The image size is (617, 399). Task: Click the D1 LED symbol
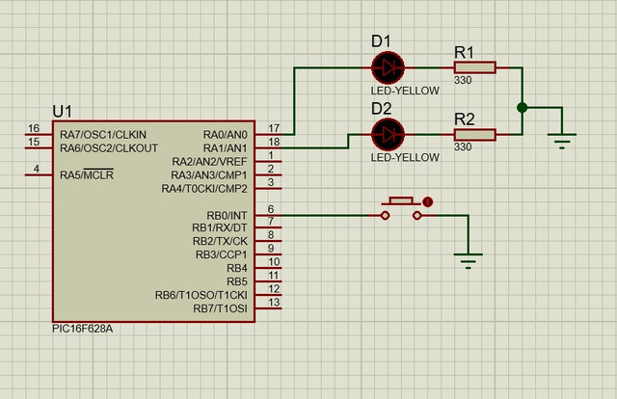click(388, 68)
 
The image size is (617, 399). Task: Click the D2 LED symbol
click(388, 135)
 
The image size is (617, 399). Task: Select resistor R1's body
click(474, 67)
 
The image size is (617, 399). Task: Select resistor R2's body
click(474, 135)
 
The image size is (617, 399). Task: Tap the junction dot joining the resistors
click(523, 107)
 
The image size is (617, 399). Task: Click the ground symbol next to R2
click(562, 141)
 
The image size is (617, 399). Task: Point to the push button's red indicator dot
click(428, 201)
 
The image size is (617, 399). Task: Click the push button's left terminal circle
click(386, 215)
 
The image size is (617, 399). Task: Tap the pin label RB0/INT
click(228, 216)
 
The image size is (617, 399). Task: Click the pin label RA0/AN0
click(226, 135)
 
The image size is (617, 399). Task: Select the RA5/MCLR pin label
click(87, 174)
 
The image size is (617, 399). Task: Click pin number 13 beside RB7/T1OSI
click(274, 303)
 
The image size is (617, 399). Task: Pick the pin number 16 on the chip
click(34, 128)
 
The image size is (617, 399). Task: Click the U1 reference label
click(62, 112)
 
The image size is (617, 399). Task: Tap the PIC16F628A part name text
click(83, 329)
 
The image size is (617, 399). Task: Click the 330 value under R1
click(463, 80)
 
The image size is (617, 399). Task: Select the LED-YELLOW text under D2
click(405, 157)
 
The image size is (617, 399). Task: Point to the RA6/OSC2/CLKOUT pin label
click(109, 148)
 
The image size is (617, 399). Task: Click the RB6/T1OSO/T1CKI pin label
click(201, 295)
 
